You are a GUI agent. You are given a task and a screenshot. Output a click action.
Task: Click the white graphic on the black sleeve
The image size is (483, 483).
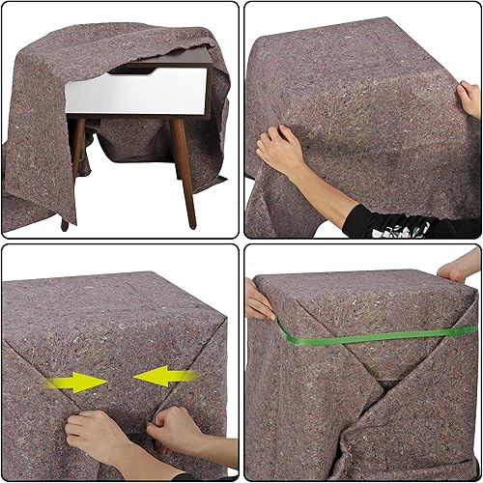pos(406,227)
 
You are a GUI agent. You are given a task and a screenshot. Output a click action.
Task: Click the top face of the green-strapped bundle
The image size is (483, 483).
pos(362,290)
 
